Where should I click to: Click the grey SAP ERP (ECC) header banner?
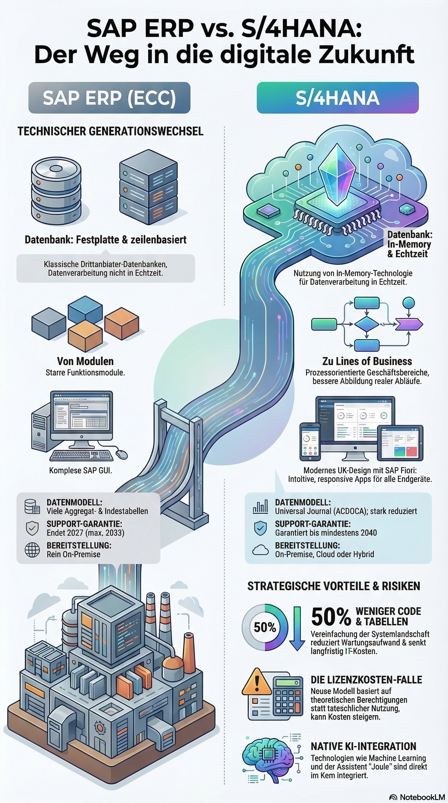click(x=109, y=97)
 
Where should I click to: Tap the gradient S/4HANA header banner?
click(x=337, y=97)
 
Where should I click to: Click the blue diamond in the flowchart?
click(x=367, y=324)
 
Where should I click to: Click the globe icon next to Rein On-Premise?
click(x=32, y=550)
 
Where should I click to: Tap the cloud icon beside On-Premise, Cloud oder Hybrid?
click(x=260, y=550)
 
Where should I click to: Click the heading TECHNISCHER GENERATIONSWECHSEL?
click(x=110, y=131)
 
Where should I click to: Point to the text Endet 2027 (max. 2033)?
click(x=85, y=533)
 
